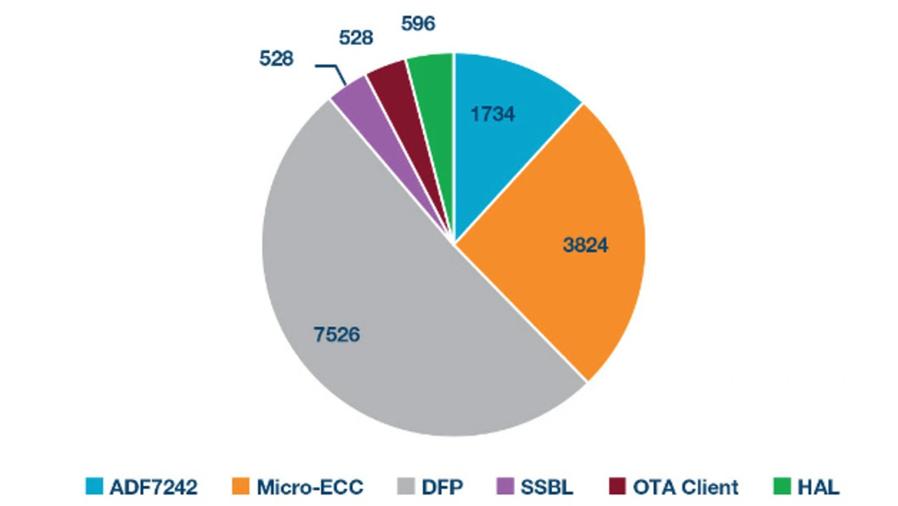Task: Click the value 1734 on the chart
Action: click(x=492, y=114)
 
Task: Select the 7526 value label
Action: click(x=337, y=335)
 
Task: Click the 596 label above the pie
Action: click(x=418, y=23)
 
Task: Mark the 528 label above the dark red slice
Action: click(x=356, y=38)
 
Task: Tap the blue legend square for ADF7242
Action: click(x=93, y=486)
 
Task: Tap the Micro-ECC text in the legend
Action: click(x=310, y=486)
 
